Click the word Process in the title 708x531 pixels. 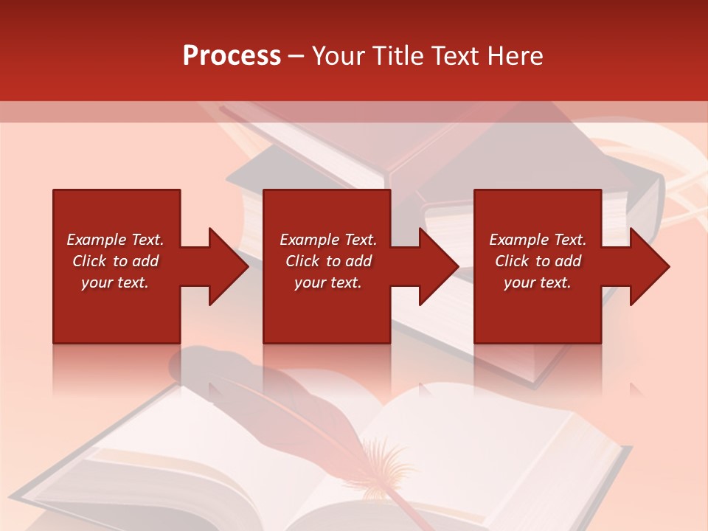pos(232,56)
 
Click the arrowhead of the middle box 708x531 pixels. pos(438,266)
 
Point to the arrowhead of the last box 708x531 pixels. pos(649,266)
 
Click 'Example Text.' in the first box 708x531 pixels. pos(115,240)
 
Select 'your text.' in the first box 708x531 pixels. pos(115,282)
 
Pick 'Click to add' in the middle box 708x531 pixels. pos(328,261)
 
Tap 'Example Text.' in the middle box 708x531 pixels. pos(328,240)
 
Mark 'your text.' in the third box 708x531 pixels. pos(538,282)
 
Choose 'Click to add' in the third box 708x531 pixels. pos(538,261)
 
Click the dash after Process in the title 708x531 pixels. pos(296,56)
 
